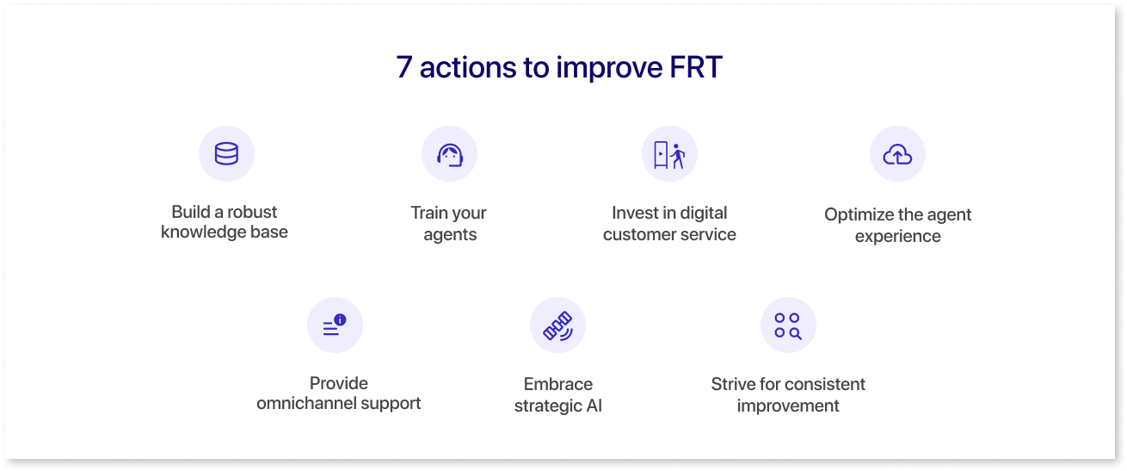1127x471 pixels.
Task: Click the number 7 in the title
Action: pos(404,67)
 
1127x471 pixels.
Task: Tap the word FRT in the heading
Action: pos(696,67)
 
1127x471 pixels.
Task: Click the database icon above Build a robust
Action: pos(226,153)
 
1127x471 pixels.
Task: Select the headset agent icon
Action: pos(449,155)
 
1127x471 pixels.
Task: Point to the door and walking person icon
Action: pos(669,155)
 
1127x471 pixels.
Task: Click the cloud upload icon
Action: pos(897,154)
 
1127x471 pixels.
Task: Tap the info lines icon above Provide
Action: pos(335,325)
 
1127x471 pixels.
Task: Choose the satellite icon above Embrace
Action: pos(557,326)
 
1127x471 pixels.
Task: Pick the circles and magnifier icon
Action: pos(788,326)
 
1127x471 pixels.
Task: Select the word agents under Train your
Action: pos(450,235)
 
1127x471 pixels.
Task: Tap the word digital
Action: pos(704,213)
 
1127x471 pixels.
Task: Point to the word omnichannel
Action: pos(306,403)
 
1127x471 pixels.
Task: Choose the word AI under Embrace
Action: pos(594,406)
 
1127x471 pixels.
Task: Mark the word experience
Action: pos(897,237)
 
